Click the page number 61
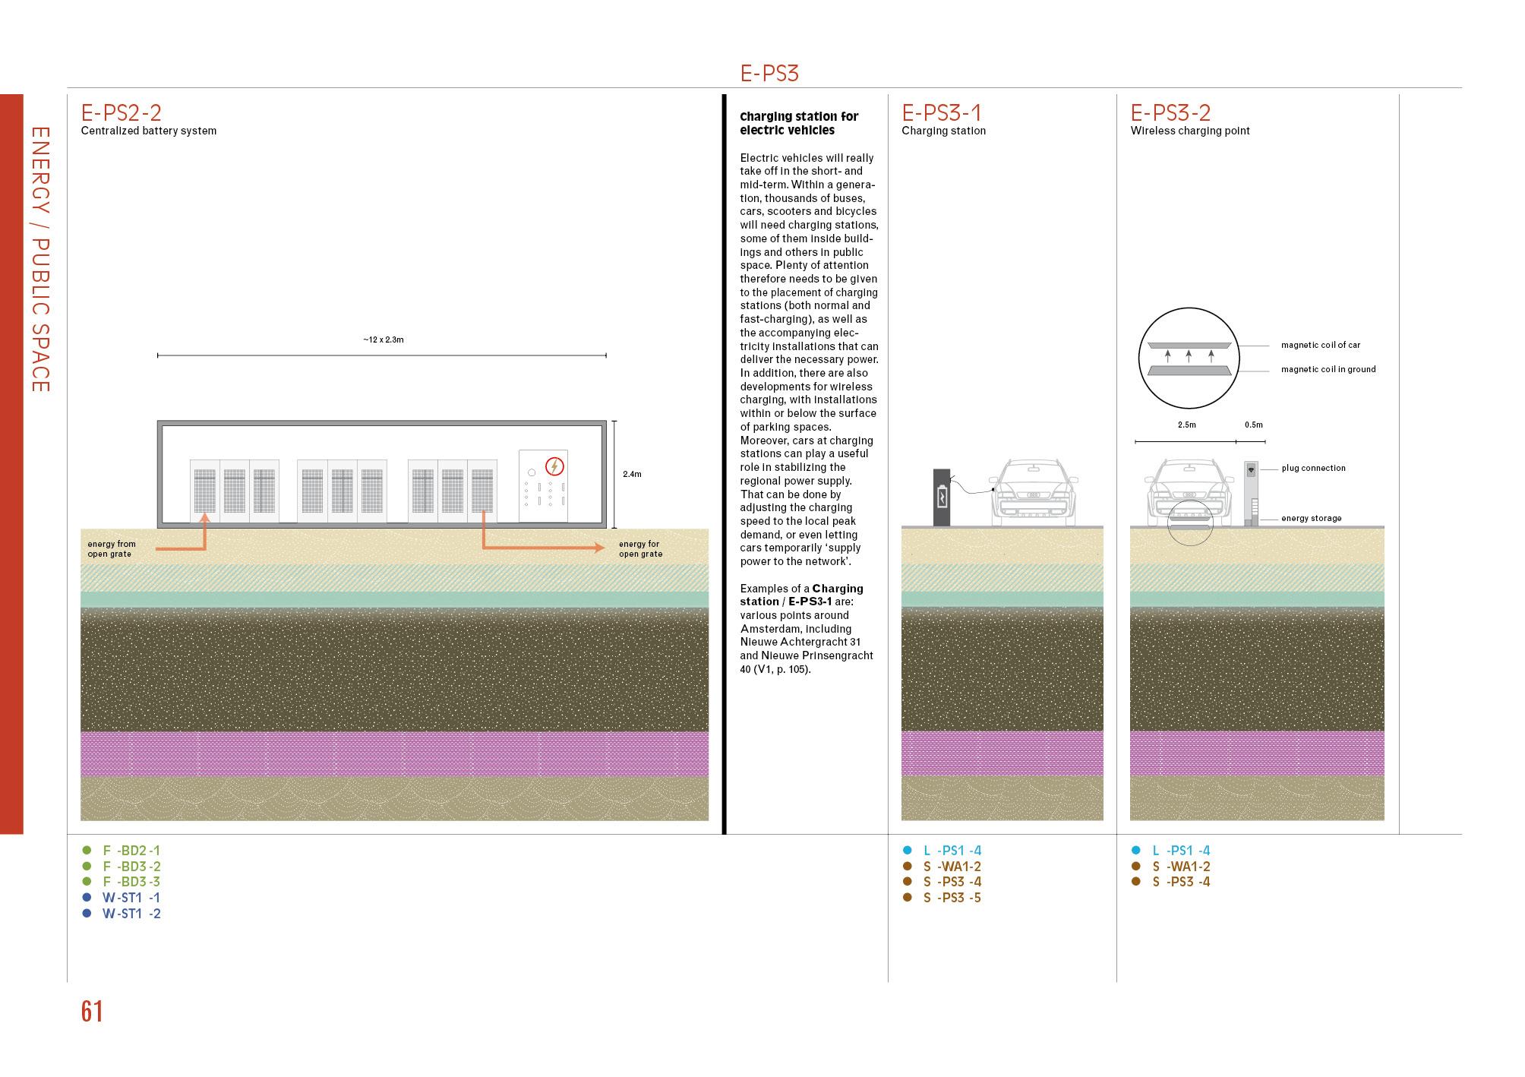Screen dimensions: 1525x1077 tap(92, 1012)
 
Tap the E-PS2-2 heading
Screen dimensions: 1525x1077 tap(122, 113)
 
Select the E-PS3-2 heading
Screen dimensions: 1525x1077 tap(1170, 113)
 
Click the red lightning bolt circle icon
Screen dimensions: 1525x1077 tap(555, 466)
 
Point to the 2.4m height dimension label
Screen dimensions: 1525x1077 tap(632, 474)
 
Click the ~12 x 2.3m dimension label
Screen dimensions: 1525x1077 tap(384, 340)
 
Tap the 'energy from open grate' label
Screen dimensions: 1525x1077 tap(112, 549)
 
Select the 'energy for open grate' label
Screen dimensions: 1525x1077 tap(640, 549)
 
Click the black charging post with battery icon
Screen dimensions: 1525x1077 tap(942, 497)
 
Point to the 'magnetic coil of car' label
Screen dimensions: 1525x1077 tap(1321, 345)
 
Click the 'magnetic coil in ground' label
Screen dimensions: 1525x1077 tap(1328, 369)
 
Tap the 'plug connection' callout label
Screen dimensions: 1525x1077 tap(1313, 468)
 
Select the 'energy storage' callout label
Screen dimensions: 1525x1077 tap(1311, 519)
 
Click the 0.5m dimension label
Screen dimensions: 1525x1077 tap(1253, 425)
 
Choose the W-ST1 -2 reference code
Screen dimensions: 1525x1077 tap(131, 914)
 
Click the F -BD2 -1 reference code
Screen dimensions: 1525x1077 tap(131, 851)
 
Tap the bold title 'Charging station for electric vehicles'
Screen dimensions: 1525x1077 tap(798, 123)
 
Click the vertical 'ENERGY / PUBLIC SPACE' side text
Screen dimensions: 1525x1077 tap(40, 259)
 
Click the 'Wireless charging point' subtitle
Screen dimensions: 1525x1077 tap(1189, 131)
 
